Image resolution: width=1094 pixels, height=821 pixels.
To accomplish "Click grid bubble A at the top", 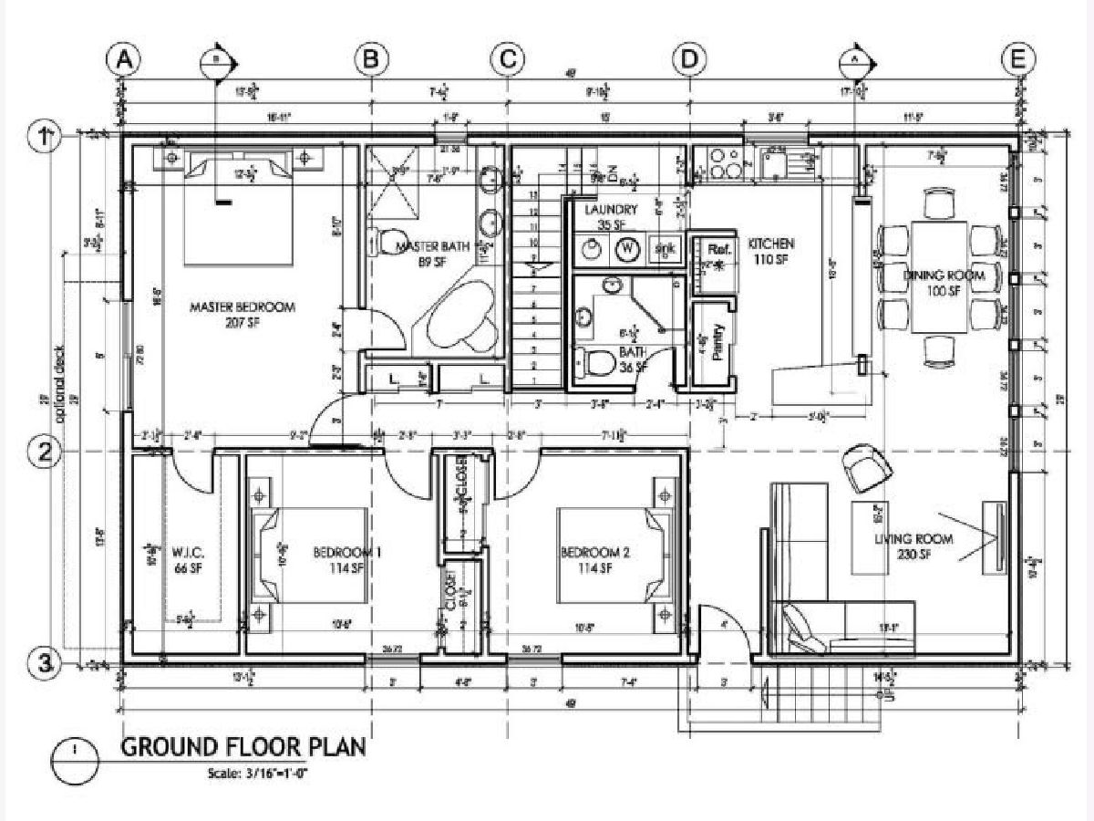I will pyautogui.click(x=125, y=59).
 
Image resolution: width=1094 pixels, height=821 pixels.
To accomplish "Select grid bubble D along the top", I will pyautogui.click(x=689, y=59).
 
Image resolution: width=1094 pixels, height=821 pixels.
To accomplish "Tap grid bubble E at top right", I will pyautogui.click(x=1017, y=59).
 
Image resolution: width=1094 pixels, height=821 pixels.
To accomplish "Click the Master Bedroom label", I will pyautogui.click(x=242, y=315).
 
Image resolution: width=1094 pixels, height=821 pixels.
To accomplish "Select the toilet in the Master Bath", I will pyautogui.click(x=383, y=243).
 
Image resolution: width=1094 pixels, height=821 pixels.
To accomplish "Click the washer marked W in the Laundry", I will pyautogui.click(x=627, y=248).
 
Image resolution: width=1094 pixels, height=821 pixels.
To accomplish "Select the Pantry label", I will pyautogui.click(x=717, y=342).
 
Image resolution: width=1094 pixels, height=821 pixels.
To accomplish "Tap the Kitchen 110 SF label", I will pyautogui.click(x=771, y=252).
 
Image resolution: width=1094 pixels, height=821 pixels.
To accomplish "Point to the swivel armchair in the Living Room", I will pyautogui.click(x=866, y=467).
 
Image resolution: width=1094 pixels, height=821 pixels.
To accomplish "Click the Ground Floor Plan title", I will pyautogui.click(x=243, y=747).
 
